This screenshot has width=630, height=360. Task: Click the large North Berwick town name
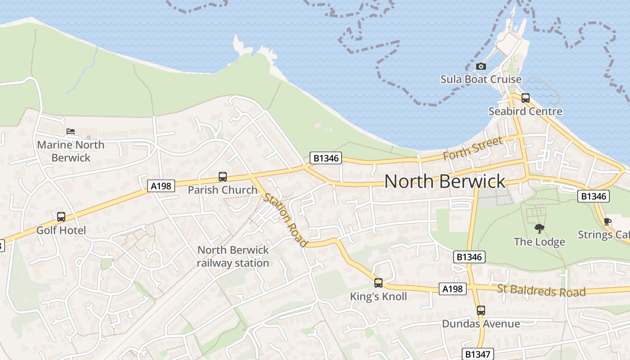(445, 181)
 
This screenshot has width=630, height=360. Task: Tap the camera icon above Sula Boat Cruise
(481, 67)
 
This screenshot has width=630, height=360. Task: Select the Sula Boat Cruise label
(481, 80)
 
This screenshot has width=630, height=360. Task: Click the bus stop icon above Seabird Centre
(525, 98)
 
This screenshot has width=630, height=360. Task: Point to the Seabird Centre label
(525, 111)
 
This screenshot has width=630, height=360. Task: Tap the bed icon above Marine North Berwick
(71, 131)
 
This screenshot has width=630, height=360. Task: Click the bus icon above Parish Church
(222, 177)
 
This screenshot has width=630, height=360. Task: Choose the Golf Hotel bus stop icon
(61, 217)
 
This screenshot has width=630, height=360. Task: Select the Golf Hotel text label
(61, 230)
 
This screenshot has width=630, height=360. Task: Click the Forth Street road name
(472, 149)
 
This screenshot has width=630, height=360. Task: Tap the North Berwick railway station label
(233, 256)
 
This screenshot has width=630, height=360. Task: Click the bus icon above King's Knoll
(378, 283)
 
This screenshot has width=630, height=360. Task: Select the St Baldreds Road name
(541, 291)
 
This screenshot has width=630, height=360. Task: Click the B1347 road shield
(477, 354)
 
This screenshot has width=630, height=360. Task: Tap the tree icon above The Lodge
(539, 229)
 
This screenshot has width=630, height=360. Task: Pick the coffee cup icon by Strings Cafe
(607, 221)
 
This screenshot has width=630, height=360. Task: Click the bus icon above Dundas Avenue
(481, 310)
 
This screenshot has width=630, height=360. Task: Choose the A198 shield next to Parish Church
(161, 185)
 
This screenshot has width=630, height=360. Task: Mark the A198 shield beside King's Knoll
(452, 289)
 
